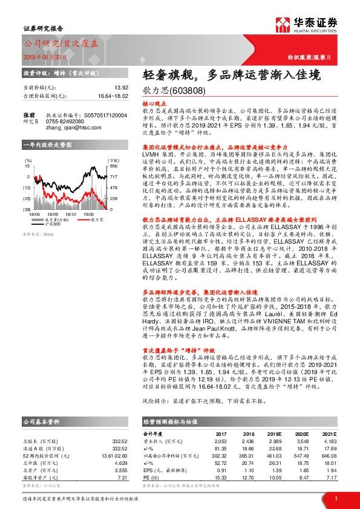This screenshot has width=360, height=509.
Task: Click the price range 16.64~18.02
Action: (113, 96)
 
